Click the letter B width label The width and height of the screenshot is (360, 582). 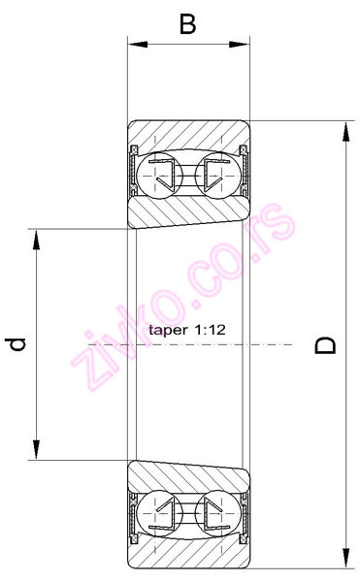(x=187, y=22)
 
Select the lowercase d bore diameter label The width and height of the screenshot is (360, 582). (x=16, y=343)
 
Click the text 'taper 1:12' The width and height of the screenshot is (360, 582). (x=187, y=331)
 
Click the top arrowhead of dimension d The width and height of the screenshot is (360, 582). (x=37, y=238)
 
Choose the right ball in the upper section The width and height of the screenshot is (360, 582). (x=215, y=175)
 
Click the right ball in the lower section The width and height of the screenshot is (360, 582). (x=215, y=513)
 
